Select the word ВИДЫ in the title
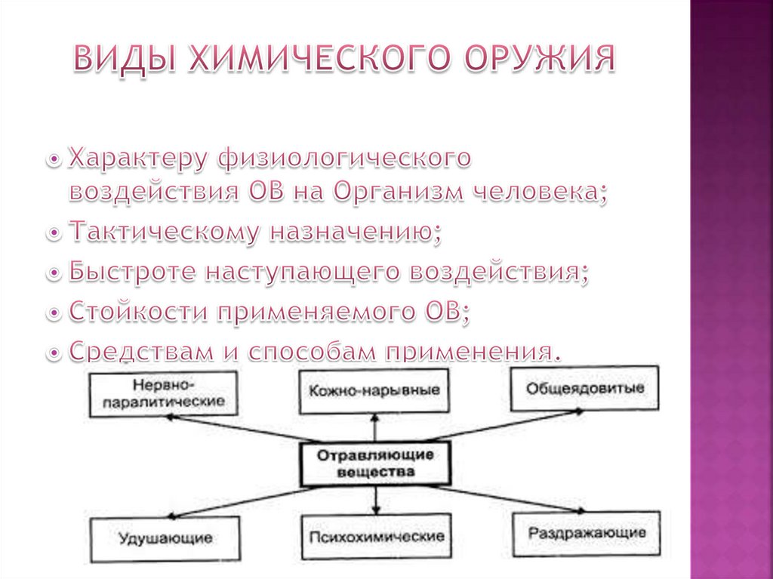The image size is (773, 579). click(x=125, y=60)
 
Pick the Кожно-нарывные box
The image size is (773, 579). click(x=374, y=391)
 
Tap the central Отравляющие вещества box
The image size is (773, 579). click(x=375, y=464)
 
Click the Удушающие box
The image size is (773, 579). click(x=165, y=538)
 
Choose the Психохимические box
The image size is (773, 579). click(x=375, y=537)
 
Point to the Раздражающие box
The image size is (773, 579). click(x=587, y=533)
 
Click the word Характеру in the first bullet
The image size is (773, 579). click(x=138, y=158)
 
